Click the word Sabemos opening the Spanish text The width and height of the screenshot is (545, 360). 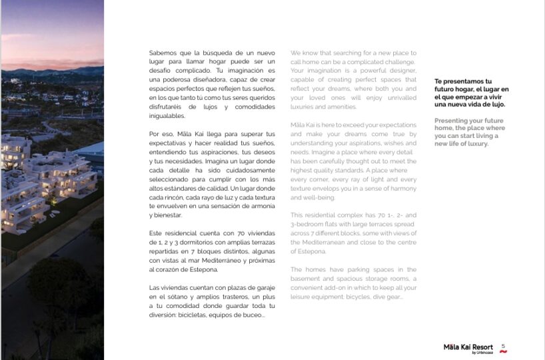163,53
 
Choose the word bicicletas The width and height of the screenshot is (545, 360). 197,315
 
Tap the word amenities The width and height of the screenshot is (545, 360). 340,107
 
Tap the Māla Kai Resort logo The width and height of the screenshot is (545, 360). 468,347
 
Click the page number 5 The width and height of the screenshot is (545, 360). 504,345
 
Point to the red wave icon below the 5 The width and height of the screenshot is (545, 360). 504,351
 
